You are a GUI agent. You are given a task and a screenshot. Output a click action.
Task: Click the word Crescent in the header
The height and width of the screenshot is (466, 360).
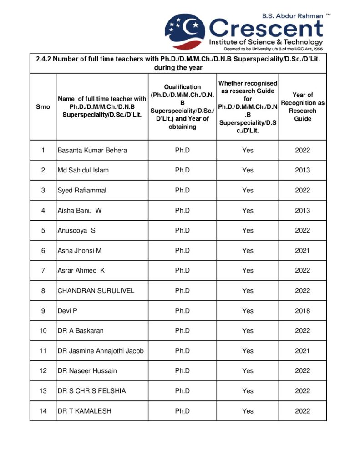click(x=266, y=28)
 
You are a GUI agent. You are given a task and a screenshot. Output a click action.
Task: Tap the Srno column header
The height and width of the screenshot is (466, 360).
click(x=43, y=107)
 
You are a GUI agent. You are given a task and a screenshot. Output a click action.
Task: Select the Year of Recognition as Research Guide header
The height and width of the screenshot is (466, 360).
click(x=303, y=107)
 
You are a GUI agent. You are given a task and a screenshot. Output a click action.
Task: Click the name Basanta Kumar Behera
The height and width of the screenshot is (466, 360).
click(x=92, y=150)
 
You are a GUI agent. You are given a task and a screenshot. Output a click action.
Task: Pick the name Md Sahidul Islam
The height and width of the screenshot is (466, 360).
click(x=83, y=170)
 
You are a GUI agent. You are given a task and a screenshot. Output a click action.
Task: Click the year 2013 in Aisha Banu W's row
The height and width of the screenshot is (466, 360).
click(x=303, y=210)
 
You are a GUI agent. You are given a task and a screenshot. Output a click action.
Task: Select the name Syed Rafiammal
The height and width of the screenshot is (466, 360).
click(x=82, y=190)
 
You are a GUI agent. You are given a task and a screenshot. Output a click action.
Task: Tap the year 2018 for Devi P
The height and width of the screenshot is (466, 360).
click(x=303, y=311)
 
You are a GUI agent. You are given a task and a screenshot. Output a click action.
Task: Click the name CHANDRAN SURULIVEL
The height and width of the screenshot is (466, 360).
click(x=96, y=290)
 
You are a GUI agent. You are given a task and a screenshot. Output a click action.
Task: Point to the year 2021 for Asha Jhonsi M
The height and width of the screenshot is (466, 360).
click(x=303, y=250)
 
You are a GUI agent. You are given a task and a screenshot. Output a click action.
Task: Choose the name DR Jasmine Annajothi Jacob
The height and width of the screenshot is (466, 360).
click(x=101, y=351)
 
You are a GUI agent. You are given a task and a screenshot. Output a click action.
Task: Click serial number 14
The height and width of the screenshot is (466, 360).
click(x=43, y=411)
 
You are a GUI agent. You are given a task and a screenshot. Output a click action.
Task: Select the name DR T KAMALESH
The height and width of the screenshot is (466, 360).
click(x=84, y=411)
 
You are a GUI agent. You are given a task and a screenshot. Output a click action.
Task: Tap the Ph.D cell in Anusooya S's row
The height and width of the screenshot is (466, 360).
click(x=183, y=230)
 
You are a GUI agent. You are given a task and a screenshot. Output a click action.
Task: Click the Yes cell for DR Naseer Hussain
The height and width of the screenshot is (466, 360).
click(x=248, y=371)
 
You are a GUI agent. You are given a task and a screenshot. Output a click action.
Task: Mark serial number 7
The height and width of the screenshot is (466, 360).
click(x=43, y=270)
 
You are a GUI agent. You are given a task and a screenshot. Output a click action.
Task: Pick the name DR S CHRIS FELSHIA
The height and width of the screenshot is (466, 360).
click(x=91, y=391)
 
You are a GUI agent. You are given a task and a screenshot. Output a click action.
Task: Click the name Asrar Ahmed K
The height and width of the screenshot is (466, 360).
click(x=81, y=270)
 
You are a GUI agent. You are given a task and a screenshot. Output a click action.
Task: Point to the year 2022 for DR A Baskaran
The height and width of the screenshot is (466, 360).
click(x=303, y=331)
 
